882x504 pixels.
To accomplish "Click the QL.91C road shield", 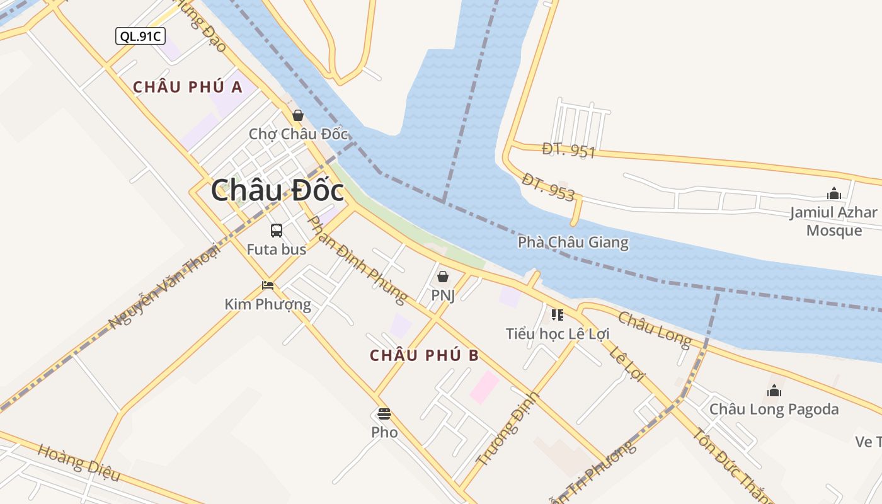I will coord(140,36).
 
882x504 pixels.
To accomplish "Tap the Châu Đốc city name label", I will coord(277,190).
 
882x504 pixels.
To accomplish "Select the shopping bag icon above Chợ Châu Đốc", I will coord(298,115).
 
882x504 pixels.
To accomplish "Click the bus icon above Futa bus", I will coord(277,231).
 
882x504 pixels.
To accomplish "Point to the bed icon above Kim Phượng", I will coord(268,285).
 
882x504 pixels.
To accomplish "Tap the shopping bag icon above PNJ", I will coord(443,277).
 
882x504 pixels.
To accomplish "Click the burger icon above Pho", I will coord(384,414).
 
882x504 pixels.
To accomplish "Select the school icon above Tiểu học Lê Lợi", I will coord(557,314).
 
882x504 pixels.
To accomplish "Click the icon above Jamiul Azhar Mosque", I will coord(834,193).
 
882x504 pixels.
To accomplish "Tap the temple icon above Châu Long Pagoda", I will coord(774,391).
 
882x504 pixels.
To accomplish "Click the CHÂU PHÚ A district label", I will coord(188,87).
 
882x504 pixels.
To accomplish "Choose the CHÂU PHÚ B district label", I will coord(424,355).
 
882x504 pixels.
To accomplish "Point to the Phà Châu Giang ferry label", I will coord(573,242).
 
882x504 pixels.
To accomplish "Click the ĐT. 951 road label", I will coord(568,150).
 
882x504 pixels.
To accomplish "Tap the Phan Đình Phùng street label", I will coord(357,259).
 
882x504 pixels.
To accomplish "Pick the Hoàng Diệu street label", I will coord(78,462).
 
